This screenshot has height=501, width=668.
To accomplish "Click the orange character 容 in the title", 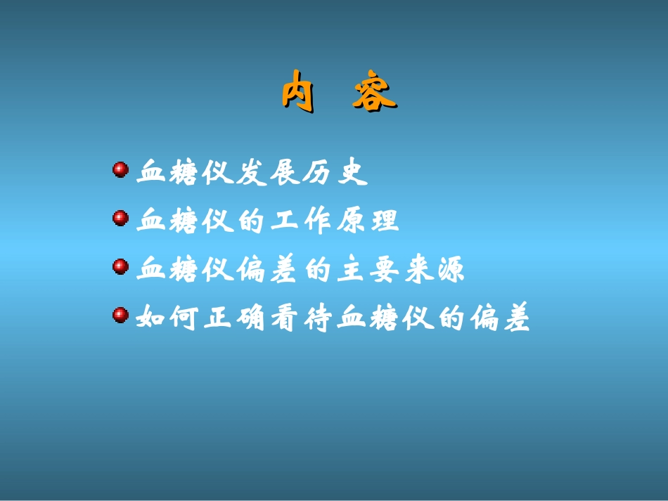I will (x=374, y=93).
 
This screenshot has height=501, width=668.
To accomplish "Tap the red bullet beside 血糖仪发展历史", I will (x=120, y=170).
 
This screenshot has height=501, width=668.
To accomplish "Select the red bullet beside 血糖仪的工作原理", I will (x=120, y=219).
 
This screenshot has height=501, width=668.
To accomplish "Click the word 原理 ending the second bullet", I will (x=367, y=221).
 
